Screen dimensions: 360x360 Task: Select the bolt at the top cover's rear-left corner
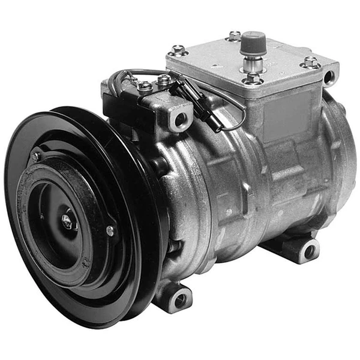tap(235, 35)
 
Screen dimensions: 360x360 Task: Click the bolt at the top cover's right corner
tap(310, 62)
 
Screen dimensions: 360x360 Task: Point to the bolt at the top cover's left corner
tap(178, 50)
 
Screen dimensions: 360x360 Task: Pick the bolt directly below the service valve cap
tap(252, 79)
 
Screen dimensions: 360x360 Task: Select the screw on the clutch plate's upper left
tap(36, 157)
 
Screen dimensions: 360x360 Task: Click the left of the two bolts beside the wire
tap(145, 85)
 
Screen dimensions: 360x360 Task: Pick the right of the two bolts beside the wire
tap(164, 79)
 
